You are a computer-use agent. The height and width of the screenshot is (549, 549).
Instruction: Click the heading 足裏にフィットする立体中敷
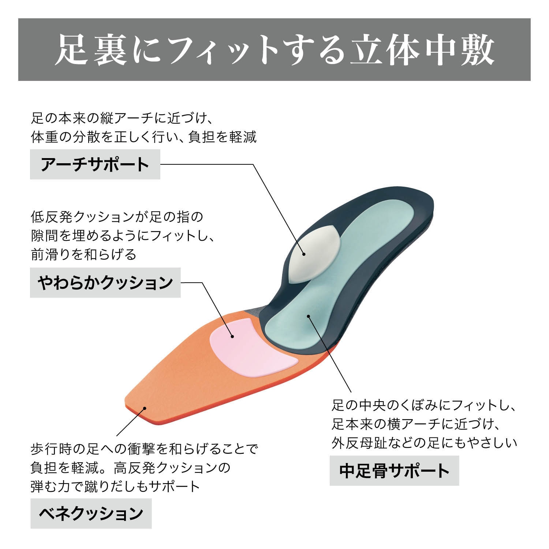coord(274,50)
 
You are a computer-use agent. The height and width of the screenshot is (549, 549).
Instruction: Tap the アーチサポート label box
coord(95,164)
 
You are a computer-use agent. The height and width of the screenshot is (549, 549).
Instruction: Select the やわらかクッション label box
coord(105,283)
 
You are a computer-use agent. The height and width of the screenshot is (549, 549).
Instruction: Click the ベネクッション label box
coord(91,513)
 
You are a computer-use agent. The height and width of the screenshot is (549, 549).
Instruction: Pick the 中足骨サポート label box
coord(394,471)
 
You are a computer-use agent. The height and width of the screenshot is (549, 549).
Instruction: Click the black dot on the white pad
coord(304,254)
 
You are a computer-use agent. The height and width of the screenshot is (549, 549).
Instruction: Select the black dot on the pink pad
coord(232,336)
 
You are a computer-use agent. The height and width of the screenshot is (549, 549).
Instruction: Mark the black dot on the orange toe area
coord(145,408)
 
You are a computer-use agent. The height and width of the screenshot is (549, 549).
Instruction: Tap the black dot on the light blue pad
coord(309,316)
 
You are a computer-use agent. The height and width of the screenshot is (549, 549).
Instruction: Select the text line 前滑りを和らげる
coord(84,254)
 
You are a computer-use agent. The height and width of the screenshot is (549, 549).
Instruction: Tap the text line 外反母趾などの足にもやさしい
coord(425,443)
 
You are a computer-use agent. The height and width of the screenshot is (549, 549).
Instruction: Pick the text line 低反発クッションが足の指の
coord(117,217)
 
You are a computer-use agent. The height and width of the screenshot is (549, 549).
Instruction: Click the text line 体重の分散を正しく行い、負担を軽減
coord(144,137)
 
